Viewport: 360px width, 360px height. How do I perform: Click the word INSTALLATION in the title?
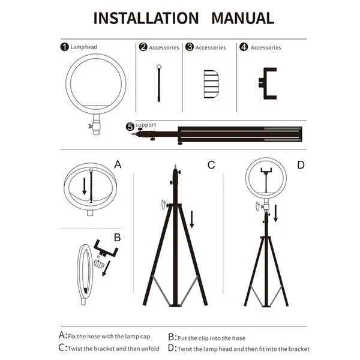pyautogui.click(x=145, y=17)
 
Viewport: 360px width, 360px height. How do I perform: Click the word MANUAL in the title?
pyautogui.click(x=242, y=17)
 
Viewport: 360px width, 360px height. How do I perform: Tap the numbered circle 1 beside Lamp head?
pyautogui.click(x=65, y=47)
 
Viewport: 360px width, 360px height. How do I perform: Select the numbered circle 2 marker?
pyautogui.click(x=143, y=47)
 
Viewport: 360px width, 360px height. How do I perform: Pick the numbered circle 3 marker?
pyautogui.click(x=190, y=47)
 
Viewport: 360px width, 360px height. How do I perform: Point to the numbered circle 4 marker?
pyautogui.click(x=244, y=47)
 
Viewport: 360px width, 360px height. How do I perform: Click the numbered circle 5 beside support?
pyautogui.click(x=130, y=127)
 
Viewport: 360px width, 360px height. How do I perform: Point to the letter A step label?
pyautogui.click(x=118, y=164)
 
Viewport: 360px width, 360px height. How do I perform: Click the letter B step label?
pyautogui.click(x=118, y=237)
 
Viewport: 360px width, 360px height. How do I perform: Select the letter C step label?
pyautogui.click(x=211, y=164)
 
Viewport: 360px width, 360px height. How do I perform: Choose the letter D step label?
pyautogui.click(x=301, y=164)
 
